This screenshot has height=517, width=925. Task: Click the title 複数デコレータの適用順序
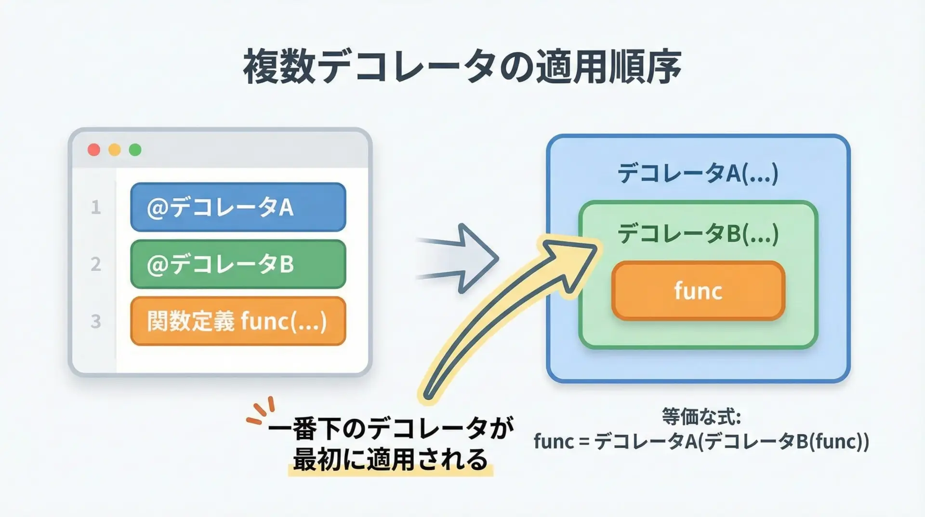[462, 67]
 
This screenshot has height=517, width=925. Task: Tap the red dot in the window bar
[94, 150]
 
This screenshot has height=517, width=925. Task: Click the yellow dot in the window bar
[115, 150]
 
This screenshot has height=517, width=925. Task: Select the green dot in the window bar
[135, 150]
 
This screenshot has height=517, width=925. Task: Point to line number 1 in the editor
[96, 207]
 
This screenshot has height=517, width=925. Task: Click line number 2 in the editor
[96, 264]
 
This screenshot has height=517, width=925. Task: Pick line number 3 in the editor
[96, 321]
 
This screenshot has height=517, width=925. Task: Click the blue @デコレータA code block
[238, 207]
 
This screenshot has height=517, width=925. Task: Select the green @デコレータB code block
[238, 264]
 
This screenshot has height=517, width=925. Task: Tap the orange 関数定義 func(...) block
[238, 321]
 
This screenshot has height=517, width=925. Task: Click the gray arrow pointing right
[462, 258]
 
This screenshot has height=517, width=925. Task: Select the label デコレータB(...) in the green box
[698, 234]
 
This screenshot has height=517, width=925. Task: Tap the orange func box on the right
[698, 291]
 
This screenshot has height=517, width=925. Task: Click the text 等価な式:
[701, 417]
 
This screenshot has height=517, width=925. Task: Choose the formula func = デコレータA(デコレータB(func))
[701, 441]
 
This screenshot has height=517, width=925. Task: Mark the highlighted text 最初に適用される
[390, 460]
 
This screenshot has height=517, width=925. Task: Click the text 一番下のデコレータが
[390, 429]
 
